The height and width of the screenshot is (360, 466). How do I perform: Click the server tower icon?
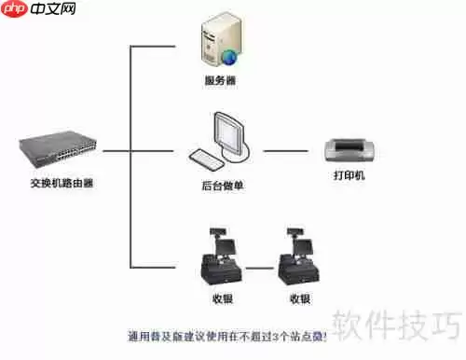220,38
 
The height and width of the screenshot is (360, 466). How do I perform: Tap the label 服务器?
220,81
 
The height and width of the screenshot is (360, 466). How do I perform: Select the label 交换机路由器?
62,184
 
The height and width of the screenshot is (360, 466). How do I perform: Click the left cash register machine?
221,260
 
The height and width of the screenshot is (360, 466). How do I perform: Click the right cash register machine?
299,260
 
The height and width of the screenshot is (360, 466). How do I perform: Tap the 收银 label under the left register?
221,299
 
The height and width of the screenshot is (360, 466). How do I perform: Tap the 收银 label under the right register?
299,299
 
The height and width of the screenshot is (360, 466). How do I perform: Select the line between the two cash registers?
260,269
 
